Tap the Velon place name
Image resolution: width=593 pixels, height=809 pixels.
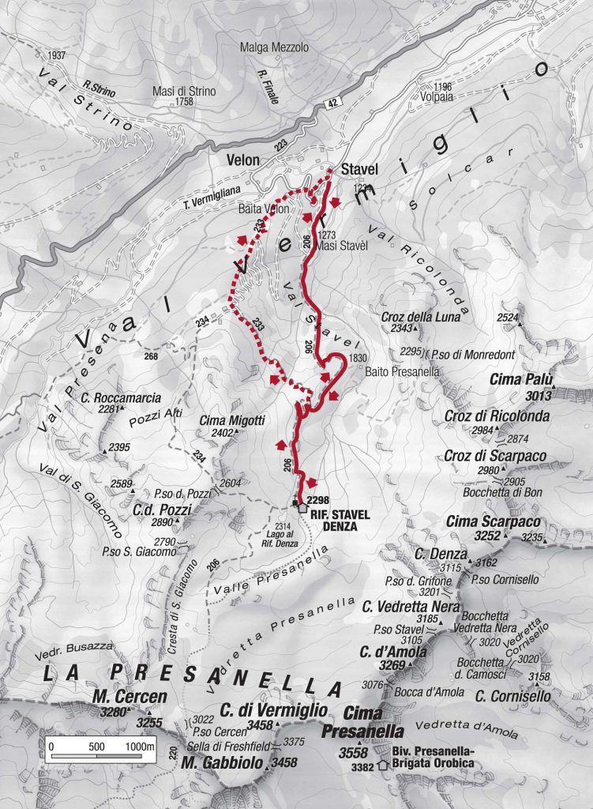tap(242, 160)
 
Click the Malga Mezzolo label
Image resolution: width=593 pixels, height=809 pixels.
tap(274, 48)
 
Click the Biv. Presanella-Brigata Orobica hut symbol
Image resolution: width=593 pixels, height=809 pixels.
tap(384, 765)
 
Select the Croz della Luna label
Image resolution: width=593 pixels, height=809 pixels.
tap(408, 317)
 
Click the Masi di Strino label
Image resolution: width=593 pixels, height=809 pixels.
tap(184, 91)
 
